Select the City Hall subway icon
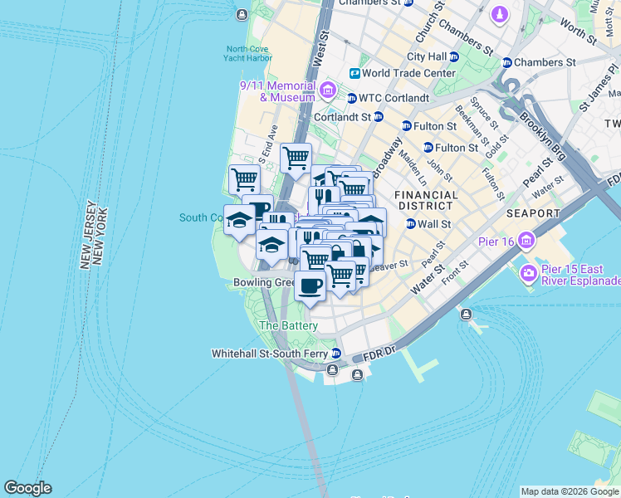pyautogui.click(x=454, y=57)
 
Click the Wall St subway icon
pyautogui.click(x=410, y=224)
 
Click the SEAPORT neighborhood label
pyautogui.click(x=532, y=213)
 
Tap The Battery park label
pyautogui.click(x=288, y=325)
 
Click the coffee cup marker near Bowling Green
pyautogui.click(x=310, y=286)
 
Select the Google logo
pyautogui.click(x=28, y=488)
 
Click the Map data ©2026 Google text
pyautogui.click(x=570, y=491)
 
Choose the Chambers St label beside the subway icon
pyautogui.click(x=545, y=62)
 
